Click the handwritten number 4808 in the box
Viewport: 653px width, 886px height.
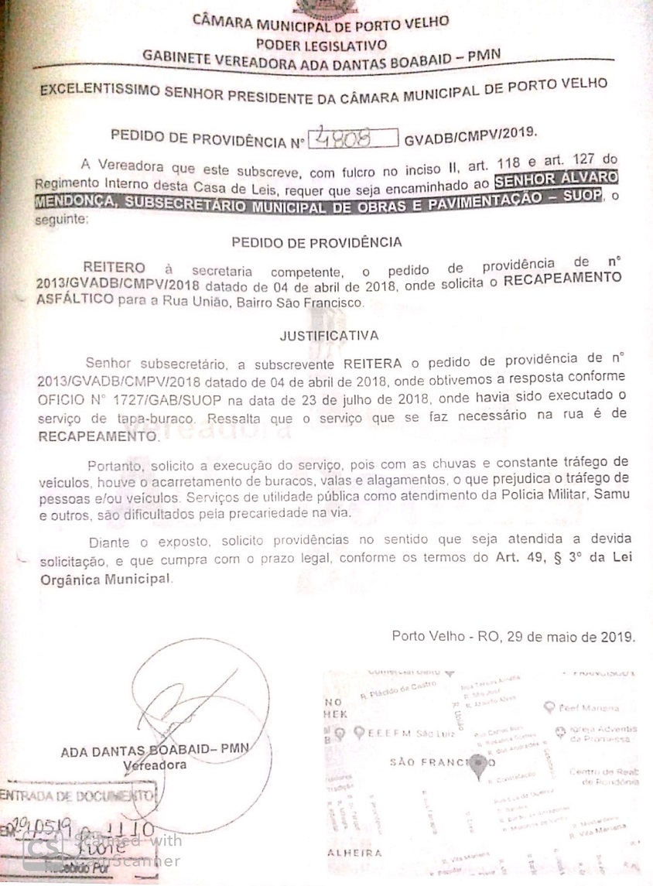coord(354,139)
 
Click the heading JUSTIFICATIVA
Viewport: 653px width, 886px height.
coord(329,336)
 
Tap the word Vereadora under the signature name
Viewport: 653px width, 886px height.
coord(155,765)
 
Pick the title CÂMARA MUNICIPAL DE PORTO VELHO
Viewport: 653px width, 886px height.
coord(320,22)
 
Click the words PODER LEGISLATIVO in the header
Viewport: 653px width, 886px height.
coord(321,43)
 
